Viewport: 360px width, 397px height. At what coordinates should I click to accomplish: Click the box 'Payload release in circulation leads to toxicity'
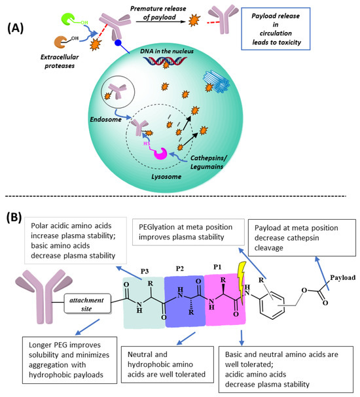pyautogui.click(x=318, y=33)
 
